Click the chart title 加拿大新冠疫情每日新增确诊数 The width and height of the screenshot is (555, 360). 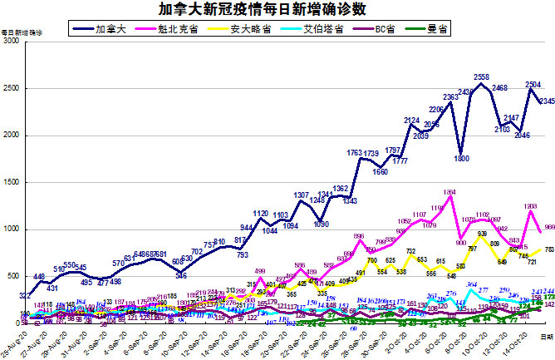tap(277, 10)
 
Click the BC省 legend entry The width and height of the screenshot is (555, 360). tap(384, 29)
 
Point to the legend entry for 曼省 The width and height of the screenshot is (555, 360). tap(440, 29)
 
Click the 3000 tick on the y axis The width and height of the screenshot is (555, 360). tap(12, 41)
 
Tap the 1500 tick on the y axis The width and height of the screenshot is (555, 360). tap(12, 182)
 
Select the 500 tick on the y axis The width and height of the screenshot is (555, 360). tap(15, 277)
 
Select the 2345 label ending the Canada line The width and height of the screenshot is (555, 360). tap(547, 101)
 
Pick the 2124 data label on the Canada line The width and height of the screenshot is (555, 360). tap(411, 121)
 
